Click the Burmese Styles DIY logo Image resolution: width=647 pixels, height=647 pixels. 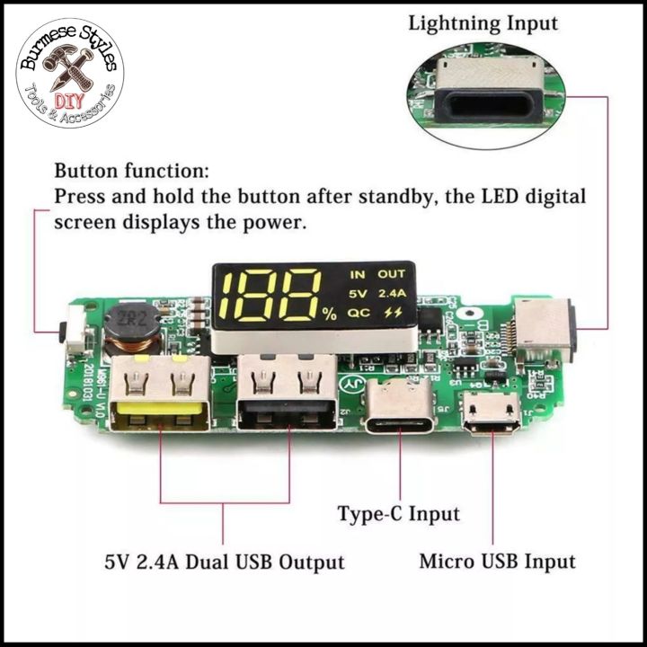tap(69, 71)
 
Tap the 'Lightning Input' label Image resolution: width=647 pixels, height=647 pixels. tap(483, 23)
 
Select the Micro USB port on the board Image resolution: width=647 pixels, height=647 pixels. tap(490, 414)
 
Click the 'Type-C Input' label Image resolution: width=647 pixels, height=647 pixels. tap(398, 515)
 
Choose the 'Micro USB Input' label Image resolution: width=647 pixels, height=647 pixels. tap(497, 563)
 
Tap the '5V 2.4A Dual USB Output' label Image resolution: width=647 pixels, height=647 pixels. tap(224, 563)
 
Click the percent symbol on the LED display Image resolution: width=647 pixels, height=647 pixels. tap(329, 314)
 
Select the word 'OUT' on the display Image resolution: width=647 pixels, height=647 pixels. tap(391, 274)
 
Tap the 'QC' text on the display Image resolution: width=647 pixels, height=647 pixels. tap(359, 313)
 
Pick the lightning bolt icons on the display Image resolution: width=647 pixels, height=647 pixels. tap(393, 313)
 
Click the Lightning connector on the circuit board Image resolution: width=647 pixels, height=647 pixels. tap(545, 328)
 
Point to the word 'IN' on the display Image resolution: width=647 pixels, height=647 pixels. tap(359, 274)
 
